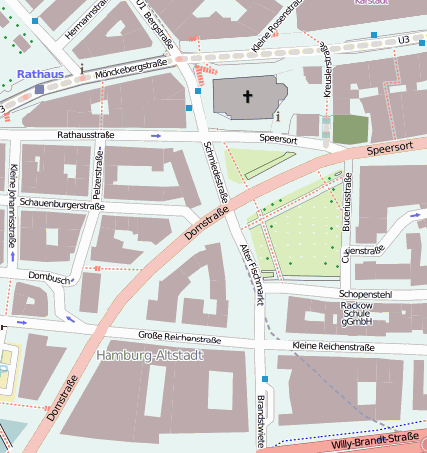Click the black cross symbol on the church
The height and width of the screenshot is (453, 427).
coord(248,97)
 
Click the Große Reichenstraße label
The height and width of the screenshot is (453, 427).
coord(179,339)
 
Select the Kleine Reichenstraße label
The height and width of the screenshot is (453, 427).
coord(332,347)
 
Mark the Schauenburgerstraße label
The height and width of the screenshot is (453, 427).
coord(63,206)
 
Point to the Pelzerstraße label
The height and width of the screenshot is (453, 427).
coord(98,170)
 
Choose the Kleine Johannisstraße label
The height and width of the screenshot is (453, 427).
coord(12,204)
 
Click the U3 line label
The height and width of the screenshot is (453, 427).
coord(403,39)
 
